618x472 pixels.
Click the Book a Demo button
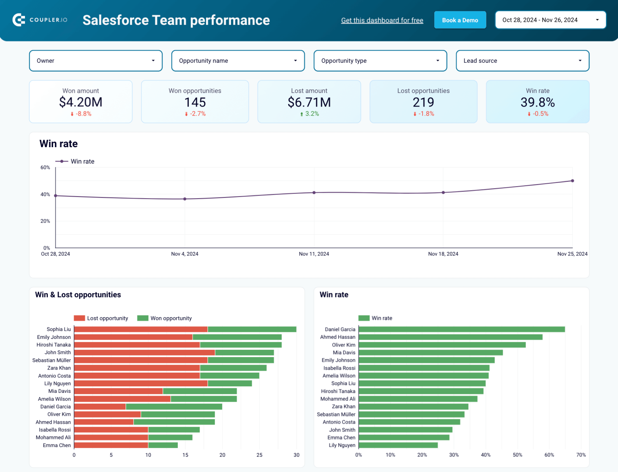coord(460,20)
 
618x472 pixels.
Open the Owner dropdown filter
coord(96,61)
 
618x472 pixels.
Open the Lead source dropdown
coord(522,61)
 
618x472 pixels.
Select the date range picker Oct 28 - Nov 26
coord(550,20)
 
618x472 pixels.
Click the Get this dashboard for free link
coord(382,21)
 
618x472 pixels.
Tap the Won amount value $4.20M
coord(80,102)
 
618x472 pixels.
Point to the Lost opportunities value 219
coord(423,103)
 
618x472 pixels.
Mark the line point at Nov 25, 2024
coord(572,181)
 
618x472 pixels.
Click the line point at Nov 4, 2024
coord(185,199)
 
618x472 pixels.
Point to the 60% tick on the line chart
coord(45,168)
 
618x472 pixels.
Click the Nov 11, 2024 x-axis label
coord(314,254)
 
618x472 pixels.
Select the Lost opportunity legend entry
coord(101,318)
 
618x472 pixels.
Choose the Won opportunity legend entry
coord(165,318)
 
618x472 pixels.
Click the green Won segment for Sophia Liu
coord(252,329)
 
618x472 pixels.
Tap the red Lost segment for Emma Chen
coord(111,445)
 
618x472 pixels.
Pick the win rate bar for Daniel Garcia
coord(461,329)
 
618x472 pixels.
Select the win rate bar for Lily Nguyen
coord(398,445)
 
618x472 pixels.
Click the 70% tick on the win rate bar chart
coord(581,455)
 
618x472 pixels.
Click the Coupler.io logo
coord(40,20)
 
